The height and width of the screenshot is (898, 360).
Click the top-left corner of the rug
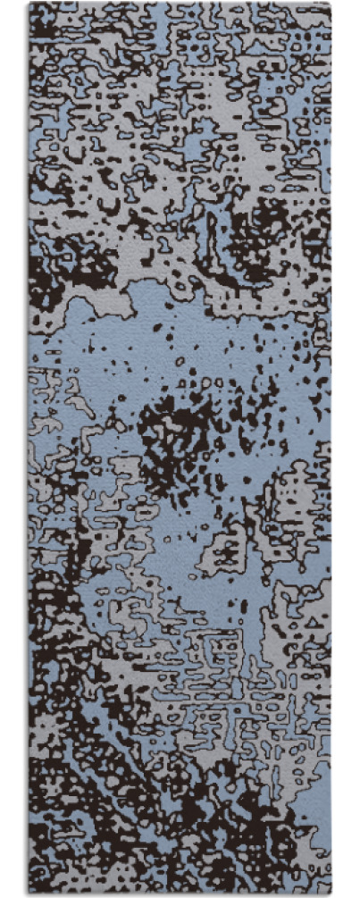(29, 4)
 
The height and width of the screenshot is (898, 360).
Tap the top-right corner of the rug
(331, 4)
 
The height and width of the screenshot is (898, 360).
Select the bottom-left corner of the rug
(29, 894)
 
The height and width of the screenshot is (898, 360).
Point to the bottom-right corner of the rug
(331, 894)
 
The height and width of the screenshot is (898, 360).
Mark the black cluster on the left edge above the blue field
(45, 268)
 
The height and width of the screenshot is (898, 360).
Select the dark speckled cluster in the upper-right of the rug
(268, 223)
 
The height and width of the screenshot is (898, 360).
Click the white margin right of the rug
(346, 447)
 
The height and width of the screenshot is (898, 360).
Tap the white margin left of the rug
(13, 447)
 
